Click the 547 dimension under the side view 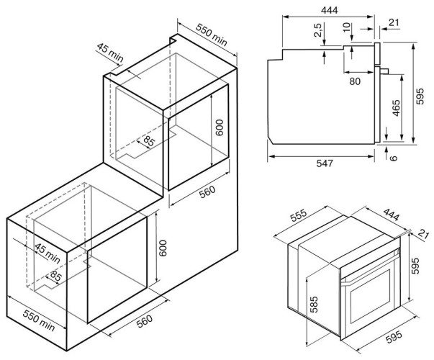coord(324,164)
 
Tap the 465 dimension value coord(397,109)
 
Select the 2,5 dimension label coord(317,32)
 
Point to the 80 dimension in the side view coord(355,81)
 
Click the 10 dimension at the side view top coord(348,28)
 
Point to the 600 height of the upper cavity coord(221,127)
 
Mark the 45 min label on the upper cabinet coord(110,52)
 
